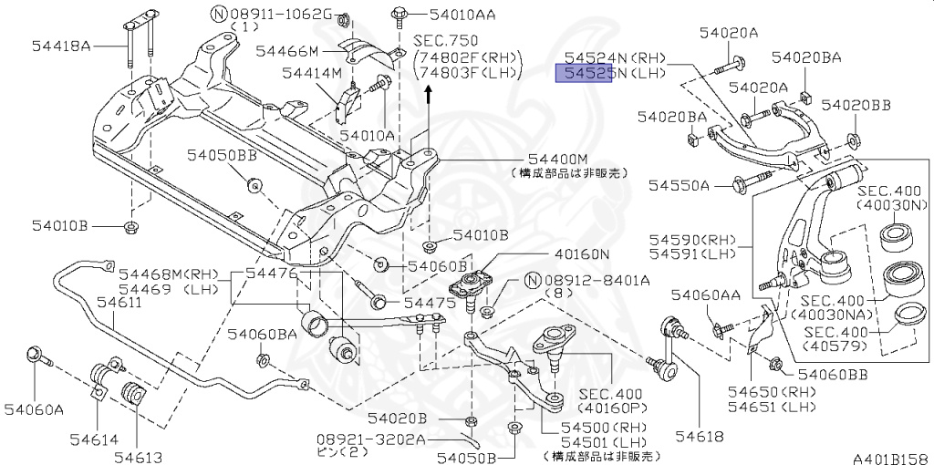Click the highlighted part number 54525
[x=585, y=74]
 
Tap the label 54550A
[x=679, y=185]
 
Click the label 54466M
[x=286, y=51]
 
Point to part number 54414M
[x=311, y=73]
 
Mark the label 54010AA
[x=446, y=15]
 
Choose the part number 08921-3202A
[x=371, y=439]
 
